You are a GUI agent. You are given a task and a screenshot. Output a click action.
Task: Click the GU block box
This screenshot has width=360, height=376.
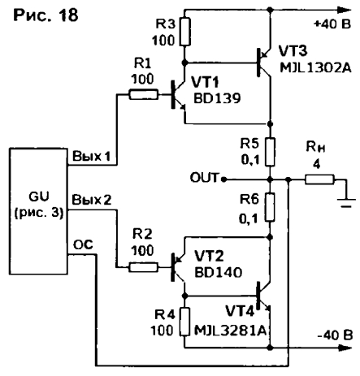tap(38, 211)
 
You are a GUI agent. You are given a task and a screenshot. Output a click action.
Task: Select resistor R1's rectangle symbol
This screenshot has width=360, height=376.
tap(143, 94)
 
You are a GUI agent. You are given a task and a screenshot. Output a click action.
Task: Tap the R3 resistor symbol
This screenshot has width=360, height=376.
tap(185, 32)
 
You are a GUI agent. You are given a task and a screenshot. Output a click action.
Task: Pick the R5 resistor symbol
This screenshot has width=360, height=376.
tap(270, 152)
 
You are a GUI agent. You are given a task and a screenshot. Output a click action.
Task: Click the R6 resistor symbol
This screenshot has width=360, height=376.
tap(270, 207)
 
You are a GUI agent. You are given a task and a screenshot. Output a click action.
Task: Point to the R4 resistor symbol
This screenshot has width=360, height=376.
tap(185, 322)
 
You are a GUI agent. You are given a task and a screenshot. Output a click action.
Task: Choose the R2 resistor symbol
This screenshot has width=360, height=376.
tap(143, 267)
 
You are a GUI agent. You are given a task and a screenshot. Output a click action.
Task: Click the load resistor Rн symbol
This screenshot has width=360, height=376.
tap(319, 179)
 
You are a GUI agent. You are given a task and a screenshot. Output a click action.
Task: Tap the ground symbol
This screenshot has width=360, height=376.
tap(346, 203)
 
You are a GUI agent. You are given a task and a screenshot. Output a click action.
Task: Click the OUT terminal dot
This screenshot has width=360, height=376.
tap(223, 179)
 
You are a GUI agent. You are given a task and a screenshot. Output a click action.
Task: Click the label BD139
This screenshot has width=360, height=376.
tap(217, 98)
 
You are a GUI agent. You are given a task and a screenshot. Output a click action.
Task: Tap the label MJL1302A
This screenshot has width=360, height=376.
tap(315, 68)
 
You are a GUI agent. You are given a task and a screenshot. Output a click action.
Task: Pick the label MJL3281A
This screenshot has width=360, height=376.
tap(231, 331)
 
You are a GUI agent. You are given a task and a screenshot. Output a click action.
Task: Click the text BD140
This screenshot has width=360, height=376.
tap(219, 272)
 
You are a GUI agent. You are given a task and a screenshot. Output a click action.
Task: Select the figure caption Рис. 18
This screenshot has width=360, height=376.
tap(46, 15)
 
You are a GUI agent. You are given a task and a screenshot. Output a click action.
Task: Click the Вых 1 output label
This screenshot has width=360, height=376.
tap(92, 156)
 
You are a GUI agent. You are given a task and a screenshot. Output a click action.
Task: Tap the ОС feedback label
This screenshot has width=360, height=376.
tap(83, 244)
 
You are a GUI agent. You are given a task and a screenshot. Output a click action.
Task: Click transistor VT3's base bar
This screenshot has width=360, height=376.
tap(258, 63)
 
